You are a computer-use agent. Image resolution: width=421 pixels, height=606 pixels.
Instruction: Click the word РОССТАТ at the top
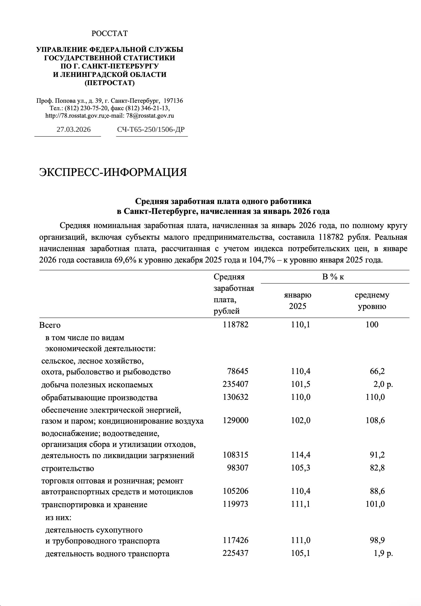pyautogui.click(x=110, y=34)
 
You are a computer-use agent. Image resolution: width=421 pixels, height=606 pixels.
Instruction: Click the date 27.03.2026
pyautogui.click(x=74, y=129)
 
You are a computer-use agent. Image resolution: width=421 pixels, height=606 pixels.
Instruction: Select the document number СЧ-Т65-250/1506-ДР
pyautogui.click(x=151, y=129)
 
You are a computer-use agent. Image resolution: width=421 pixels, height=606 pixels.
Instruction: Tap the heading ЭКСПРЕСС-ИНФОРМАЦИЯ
pyautogui.click(x=113, y=172)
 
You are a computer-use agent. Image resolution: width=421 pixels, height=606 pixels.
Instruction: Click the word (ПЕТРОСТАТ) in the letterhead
pyautogui.click(x=110, y=83)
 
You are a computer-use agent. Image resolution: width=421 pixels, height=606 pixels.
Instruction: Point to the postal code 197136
pyautogui.click(x=173, y=101)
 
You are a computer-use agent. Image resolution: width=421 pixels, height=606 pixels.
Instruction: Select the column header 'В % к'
pyautogui.click(x=333, y=277)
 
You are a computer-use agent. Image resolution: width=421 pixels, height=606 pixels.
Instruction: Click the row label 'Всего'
pyautogui.click(x=50, y=325)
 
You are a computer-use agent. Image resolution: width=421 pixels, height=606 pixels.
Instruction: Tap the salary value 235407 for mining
pyautogui.click(x=235, y=384)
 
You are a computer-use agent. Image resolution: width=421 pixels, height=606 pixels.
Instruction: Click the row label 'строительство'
pyautogui.click(x=67, y=468)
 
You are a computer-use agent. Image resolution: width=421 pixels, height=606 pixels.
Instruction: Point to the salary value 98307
pyautogui.click(x=238, y=468)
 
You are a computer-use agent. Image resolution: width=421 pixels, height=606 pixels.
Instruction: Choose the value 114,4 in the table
pyautogui.click(x=301, y=455)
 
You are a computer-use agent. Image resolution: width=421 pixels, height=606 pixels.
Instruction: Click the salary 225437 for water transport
pyautogui.click(x=235, y=553)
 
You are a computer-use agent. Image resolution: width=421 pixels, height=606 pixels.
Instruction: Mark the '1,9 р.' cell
pyautogui.click(x=383, y=553)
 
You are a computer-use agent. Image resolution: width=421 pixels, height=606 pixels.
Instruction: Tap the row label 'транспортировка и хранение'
pyautogui.click(x=94, y=505)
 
